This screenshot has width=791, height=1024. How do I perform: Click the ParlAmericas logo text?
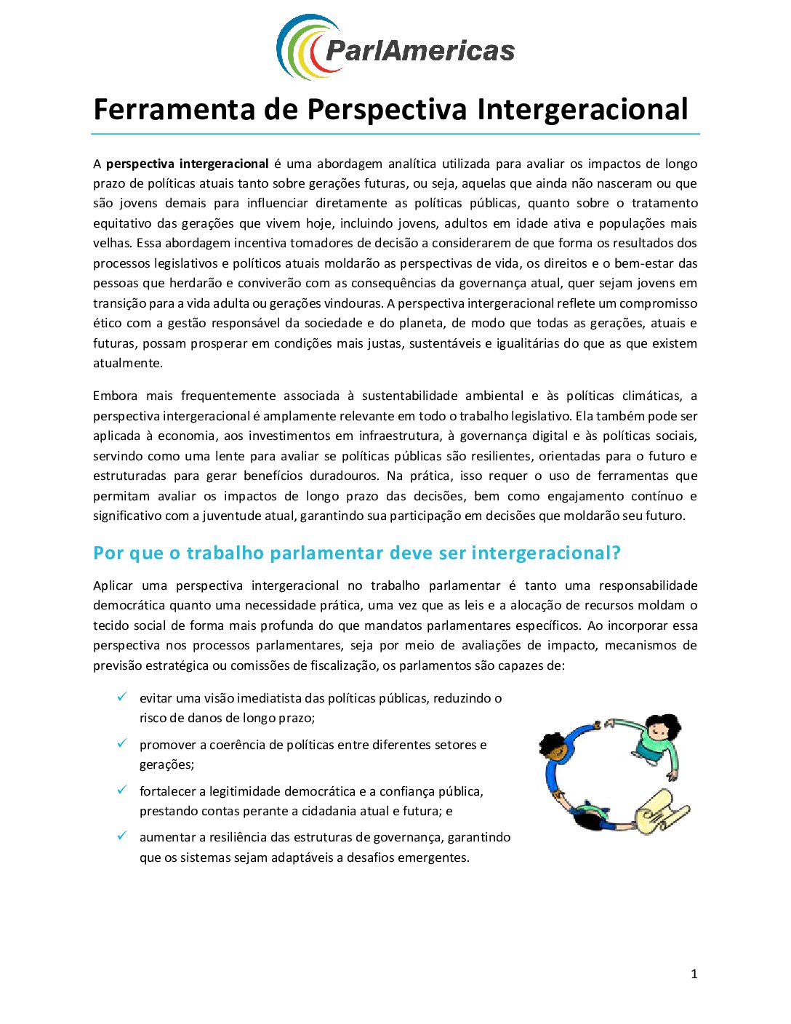click(x=419, y=50)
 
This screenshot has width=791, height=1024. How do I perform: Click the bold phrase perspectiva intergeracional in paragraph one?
click(x=187, y=164)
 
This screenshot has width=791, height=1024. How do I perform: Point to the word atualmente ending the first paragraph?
click(x=128, y=363)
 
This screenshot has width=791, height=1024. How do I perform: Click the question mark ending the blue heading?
click(x=616, y=553)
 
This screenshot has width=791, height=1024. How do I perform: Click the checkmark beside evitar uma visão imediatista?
click(x=122, y=697)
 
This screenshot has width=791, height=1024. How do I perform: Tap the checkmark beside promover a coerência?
click(x=122, y=743)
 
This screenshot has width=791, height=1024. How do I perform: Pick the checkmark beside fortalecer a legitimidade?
click(x=122, y=790)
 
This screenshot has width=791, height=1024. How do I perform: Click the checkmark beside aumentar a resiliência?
click(x=122, y=836)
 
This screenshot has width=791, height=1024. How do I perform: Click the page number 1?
click(x=694, y=974)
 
